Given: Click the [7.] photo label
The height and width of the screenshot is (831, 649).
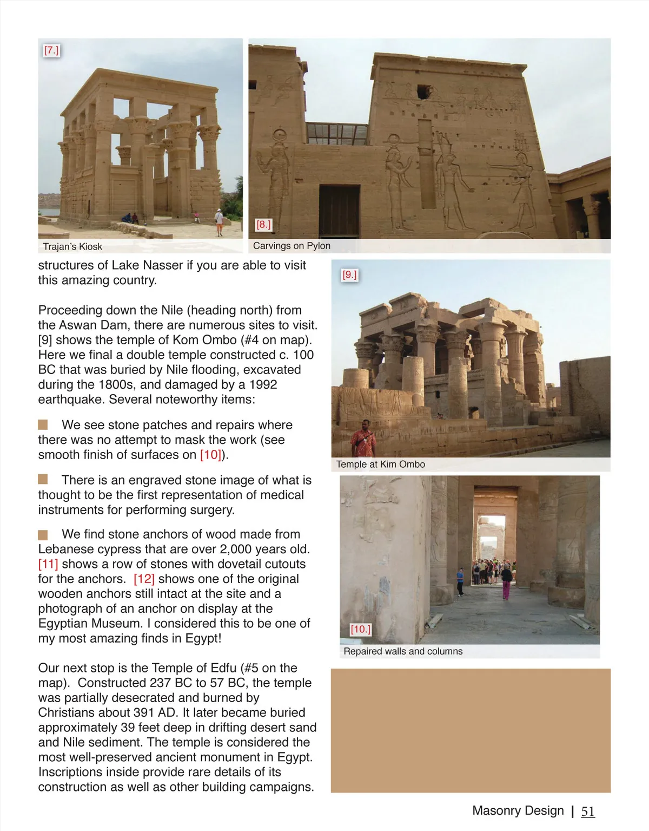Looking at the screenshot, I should tap(51, 50).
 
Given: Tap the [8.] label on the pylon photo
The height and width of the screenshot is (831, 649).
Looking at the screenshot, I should tap(263, 224).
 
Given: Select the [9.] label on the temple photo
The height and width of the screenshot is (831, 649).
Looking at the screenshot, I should tap(349, 274).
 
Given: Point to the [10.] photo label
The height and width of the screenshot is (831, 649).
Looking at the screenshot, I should tap(360, 629).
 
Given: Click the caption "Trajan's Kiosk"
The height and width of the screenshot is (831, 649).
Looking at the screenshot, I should tap(72, 247).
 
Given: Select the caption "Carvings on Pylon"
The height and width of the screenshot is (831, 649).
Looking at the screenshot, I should tap(292, 246).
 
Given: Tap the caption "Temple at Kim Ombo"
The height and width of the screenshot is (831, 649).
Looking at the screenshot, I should tap(380, 464).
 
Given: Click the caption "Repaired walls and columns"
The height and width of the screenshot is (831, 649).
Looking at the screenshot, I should tap(403, 651).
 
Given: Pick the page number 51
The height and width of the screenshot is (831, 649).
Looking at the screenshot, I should tap(588, 811).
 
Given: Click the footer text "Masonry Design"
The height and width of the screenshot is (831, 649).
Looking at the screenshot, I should tap(518, 810).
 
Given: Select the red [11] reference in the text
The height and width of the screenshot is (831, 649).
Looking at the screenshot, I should tap(48, 564).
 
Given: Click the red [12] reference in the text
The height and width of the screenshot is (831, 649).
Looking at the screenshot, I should tap(144, 579).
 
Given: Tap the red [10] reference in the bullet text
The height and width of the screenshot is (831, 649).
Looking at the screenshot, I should tap(210, 455).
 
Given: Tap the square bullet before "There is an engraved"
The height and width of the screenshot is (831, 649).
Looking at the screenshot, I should tap(43, 480).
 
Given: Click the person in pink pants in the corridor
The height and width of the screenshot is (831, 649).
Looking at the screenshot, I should tap(506, 583).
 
